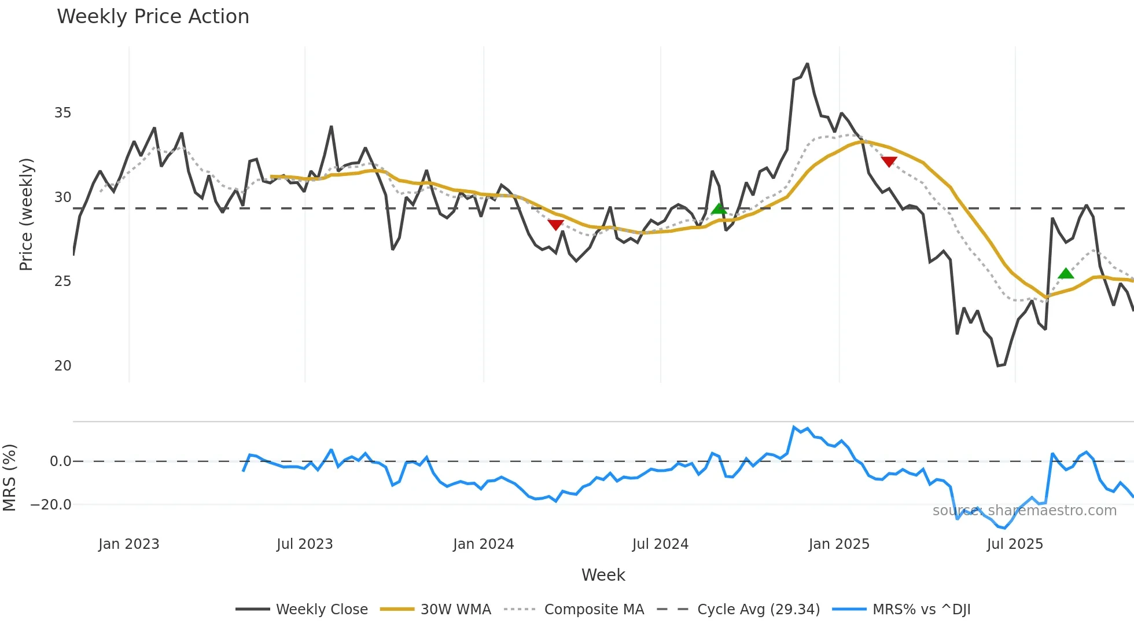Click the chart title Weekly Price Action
coord(153,17)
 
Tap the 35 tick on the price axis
coord(62,113)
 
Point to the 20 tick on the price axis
coord(62,366)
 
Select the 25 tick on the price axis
coord(62,281)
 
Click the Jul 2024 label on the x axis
coord(660,544)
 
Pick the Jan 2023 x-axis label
coord(128,544)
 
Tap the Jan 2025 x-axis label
coord(838,544)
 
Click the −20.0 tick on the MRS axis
coord(51,505)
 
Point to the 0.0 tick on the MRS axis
coord(60,461)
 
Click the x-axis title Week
coord(603,575)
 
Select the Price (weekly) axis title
coord(26,214)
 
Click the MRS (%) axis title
coord(9,478)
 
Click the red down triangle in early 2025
coord(889,162)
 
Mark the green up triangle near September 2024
coord(719,209)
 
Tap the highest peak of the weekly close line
coord(807,64)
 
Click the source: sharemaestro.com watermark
coord(1024,511)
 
